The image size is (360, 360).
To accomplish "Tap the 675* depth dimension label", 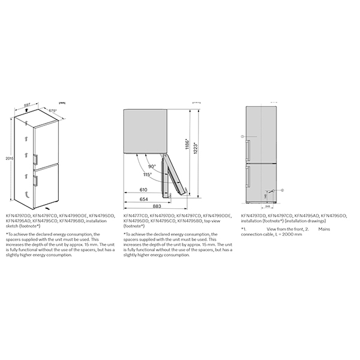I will (52, 111).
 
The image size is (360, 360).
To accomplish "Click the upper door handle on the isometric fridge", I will (37, 158).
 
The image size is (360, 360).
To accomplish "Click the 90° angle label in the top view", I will (152, 166).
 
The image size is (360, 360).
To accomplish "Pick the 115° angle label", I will (147, 175).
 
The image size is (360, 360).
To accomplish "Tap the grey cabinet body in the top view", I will (144, 129).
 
